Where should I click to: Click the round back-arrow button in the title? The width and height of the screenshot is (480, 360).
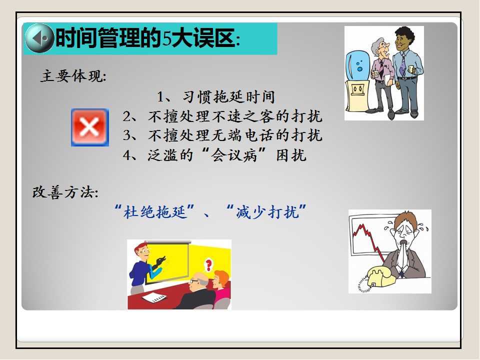click(x=39, y=38)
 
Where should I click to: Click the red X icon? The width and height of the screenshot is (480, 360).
click(x=90, y=127)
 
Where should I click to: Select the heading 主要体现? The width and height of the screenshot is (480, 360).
click(x=73, y=76)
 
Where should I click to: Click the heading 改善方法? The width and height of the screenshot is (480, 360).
click(x=65, y=192)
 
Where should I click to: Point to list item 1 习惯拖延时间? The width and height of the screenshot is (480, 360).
click(x=216, y=97)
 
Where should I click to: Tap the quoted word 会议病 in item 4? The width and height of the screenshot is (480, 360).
click(x=234, y=155)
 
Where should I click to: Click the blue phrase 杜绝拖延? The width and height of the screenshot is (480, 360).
click(x=155, y=211)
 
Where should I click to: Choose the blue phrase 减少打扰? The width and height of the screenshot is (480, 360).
click(x=267, y=211)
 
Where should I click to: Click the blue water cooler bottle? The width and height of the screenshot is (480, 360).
click(x=357, y=66)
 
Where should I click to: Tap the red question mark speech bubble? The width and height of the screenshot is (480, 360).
click(x=209, y=264)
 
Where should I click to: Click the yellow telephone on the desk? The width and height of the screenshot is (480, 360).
click(x=380, y=276)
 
